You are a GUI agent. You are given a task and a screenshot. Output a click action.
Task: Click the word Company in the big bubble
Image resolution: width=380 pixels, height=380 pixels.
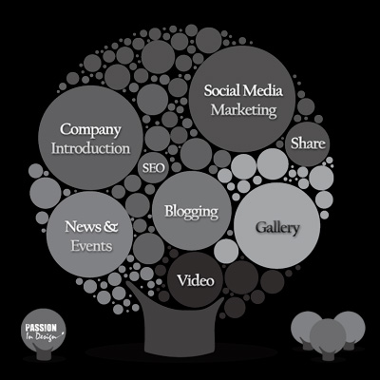[90, 130]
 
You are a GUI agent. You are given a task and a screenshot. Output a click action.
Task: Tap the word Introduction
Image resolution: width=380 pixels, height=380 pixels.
[91, 148]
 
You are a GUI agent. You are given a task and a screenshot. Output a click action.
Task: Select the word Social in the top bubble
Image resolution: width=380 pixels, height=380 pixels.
[222, 90]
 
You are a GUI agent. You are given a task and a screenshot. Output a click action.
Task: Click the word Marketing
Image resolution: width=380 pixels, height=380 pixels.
[244, 110]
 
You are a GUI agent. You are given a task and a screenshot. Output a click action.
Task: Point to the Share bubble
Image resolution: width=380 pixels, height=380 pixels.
[308, 143]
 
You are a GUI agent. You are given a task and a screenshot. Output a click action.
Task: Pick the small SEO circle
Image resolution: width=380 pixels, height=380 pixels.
[153, 168]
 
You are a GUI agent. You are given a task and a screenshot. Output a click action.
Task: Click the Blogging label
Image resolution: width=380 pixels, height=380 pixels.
[192, 212]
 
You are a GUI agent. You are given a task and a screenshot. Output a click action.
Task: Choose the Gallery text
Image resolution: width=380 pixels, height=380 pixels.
[277, 228]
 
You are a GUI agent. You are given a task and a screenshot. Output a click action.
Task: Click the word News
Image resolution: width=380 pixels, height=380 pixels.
[83, 227]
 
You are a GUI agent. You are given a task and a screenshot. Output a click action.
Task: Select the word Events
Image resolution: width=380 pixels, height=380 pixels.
[91, 246]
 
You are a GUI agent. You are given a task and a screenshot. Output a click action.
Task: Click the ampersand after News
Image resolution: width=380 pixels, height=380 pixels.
[111, 227]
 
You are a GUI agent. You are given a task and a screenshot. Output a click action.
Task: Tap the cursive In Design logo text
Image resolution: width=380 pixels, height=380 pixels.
[46, 336]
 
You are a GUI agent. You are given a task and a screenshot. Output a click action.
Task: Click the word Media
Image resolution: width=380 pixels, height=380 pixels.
[262, 90]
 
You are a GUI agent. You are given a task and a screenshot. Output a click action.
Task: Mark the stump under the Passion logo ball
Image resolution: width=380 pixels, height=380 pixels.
[44, 353]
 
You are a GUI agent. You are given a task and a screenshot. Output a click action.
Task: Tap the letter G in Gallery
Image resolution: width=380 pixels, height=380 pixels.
[260, 227]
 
